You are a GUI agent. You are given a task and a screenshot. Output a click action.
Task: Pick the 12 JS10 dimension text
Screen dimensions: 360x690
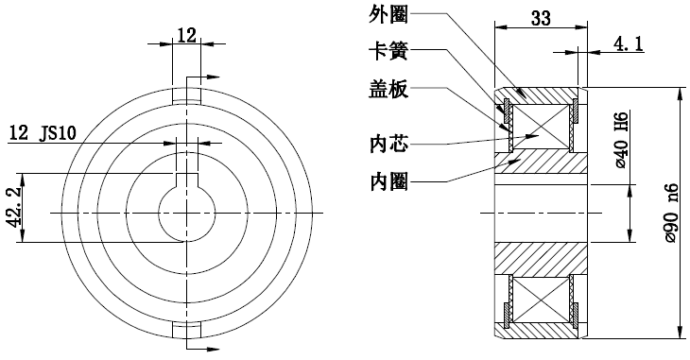44,132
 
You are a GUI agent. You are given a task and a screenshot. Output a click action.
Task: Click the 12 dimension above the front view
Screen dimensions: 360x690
186,35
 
